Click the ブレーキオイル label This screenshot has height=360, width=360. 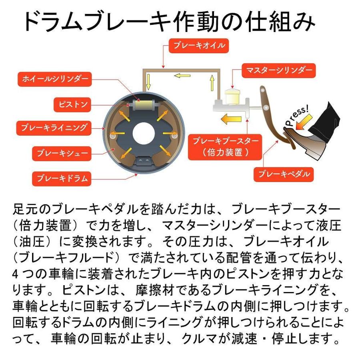[199, 46]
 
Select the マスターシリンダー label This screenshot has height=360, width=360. [279, 70]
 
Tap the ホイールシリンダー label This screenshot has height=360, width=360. [54, 79]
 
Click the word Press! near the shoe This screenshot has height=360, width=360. [296, 116]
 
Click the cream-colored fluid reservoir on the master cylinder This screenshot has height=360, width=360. [232, 96]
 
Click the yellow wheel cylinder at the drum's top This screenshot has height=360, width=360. [143, 106]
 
